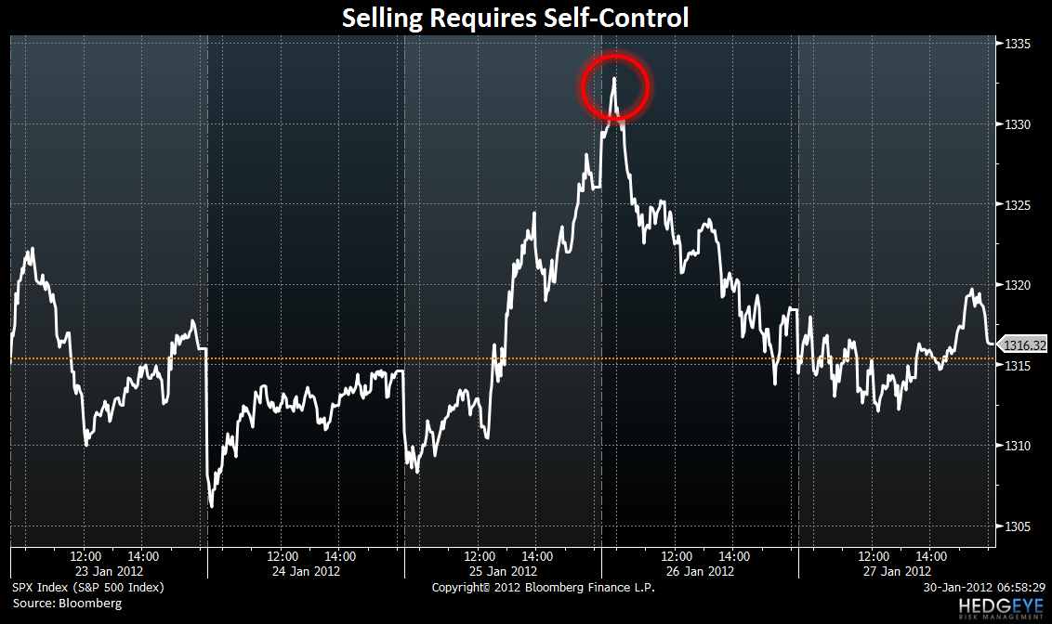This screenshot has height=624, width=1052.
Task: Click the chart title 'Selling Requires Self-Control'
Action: [516, 18]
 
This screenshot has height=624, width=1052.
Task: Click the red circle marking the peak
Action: [614, 86]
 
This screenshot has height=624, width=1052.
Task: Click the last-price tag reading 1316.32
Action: [1025, 344]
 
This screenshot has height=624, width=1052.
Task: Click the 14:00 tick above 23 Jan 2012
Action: [143, 556]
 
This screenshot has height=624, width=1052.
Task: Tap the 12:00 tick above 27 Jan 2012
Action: [874, 556]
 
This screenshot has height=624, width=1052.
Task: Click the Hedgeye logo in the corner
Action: [1000, 607]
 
